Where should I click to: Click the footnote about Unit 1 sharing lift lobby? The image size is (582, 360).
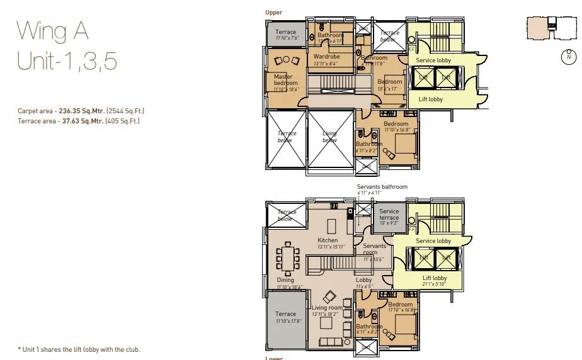79,349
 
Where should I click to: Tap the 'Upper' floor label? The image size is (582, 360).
274,13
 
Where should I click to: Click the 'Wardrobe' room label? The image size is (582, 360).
326,57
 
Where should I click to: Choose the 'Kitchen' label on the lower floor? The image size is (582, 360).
328,240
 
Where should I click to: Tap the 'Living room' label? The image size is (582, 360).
327,308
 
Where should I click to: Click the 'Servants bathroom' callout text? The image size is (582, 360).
382,187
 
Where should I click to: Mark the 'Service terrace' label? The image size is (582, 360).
389,215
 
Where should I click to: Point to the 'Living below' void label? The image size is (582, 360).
329,137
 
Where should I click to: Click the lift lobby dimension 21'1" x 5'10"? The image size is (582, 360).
435,284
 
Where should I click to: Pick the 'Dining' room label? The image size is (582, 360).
285,280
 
